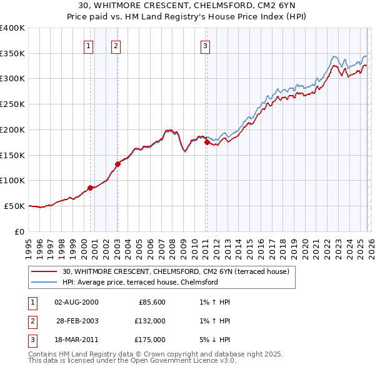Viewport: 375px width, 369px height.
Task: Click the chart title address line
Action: point(187,6)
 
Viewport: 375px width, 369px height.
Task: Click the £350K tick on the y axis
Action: point(12,54)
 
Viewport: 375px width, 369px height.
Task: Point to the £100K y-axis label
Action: point(12,181)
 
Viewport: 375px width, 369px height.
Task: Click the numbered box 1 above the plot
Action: point(89,45)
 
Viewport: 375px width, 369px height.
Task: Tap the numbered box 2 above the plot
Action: point(117,45)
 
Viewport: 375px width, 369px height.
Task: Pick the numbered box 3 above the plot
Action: point(206,45)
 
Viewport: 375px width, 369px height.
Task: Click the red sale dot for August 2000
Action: point(90,188)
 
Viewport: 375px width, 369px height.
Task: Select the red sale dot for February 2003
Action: point(117,164)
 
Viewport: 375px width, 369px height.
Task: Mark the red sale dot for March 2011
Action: point(207,142)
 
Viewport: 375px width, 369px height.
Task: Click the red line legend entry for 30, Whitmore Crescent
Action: point(175,272)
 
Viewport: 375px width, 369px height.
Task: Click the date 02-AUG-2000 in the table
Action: point(76,302)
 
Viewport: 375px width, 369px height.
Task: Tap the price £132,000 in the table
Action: point(150,321)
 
